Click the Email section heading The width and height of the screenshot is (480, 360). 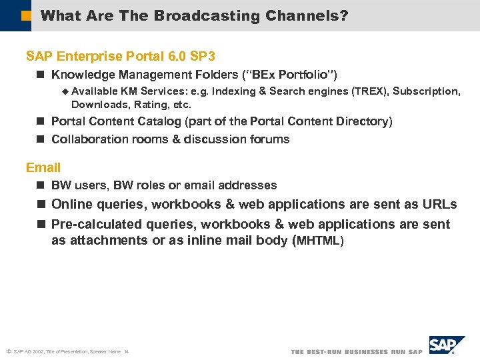click(x=43, y=167)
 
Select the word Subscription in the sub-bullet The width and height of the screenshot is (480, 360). click(x=426, y=91)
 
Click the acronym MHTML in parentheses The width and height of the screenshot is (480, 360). click(x=319, y=241)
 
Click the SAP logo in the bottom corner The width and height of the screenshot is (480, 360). click(x=447, y=345)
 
